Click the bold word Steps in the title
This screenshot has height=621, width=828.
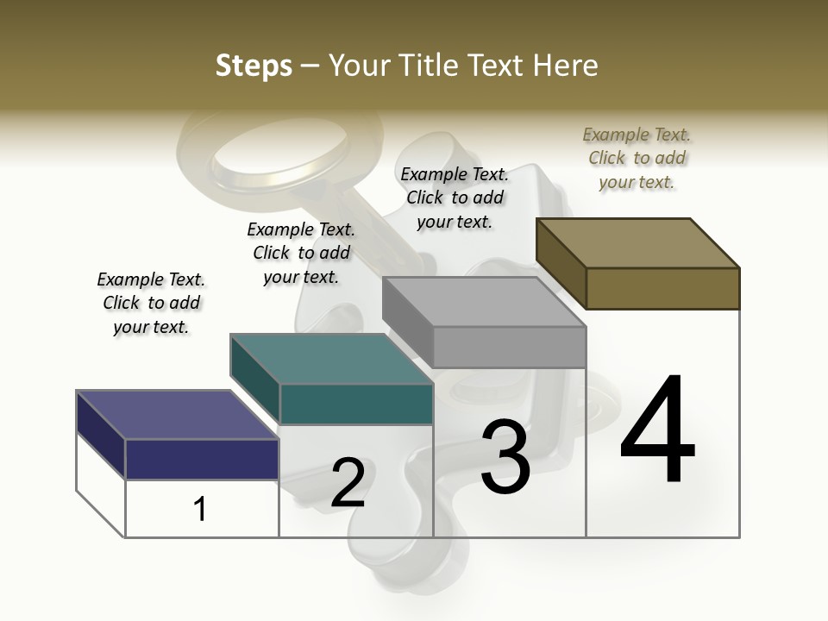tap(253, 66)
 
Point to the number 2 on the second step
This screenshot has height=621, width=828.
tap(348, 483)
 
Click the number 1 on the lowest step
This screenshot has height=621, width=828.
tap(200, 509)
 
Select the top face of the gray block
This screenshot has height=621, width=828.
tap(484, 302)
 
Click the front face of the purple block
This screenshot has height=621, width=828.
tap(202, 459)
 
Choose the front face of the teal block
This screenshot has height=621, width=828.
tap(356, 404)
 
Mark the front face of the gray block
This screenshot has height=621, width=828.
tap(509, 347)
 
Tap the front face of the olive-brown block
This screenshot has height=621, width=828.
tap(662, 288)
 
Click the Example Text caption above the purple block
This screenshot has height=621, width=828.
tap(151, 303)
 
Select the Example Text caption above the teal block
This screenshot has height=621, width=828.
tap(301, 253)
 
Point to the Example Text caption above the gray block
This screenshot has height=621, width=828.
tap(455, 198)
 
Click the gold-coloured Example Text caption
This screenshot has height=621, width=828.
tap(637, 158)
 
